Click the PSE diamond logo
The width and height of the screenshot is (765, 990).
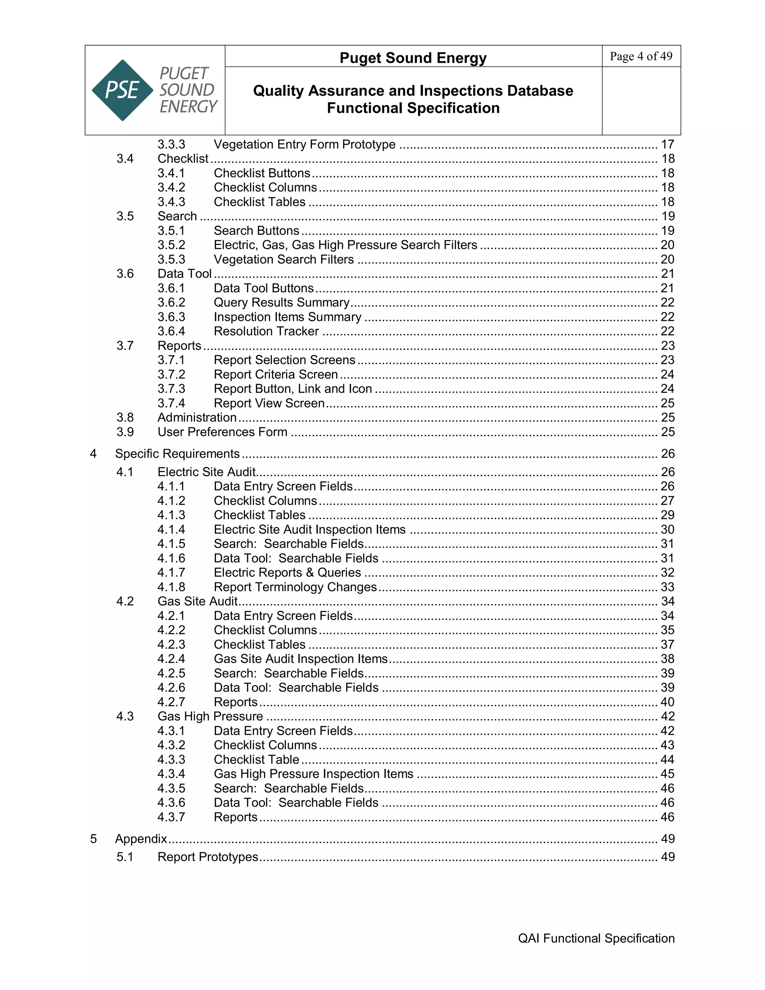pos(123,90)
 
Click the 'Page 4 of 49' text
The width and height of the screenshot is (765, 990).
pos(641,56)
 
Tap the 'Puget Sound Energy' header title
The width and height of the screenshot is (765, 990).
pos(413,58)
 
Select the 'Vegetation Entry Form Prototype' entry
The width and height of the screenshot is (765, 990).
pos(304,144)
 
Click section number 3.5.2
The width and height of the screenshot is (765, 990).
pos(171,245)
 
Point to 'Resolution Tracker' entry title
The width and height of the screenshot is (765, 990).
pos(266,331)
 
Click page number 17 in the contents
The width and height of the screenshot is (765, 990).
pos(668,144)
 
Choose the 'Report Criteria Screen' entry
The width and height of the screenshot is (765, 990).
pos(276,374)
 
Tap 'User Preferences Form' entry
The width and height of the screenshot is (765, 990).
pos(222,432)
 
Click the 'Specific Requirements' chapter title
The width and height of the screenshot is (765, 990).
pos(177,454)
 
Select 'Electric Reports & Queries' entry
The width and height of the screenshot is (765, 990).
pos(287,572)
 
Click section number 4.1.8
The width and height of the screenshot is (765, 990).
pos(171,587)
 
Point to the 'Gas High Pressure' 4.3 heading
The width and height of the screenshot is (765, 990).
pos(210,716)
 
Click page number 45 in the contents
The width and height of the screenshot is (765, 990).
pos(668,774)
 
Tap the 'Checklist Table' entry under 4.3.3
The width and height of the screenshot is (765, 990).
pos(257,759)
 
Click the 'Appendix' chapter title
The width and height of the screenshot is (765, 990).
pos(141,839)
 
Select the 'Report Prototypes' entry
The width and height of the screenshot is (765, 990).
pos(208,857)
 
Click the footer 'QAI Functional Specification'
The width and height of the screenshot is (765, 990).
pos(596,938)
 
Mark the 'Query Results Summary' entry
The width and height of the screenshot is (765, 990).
pos(281,302)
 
